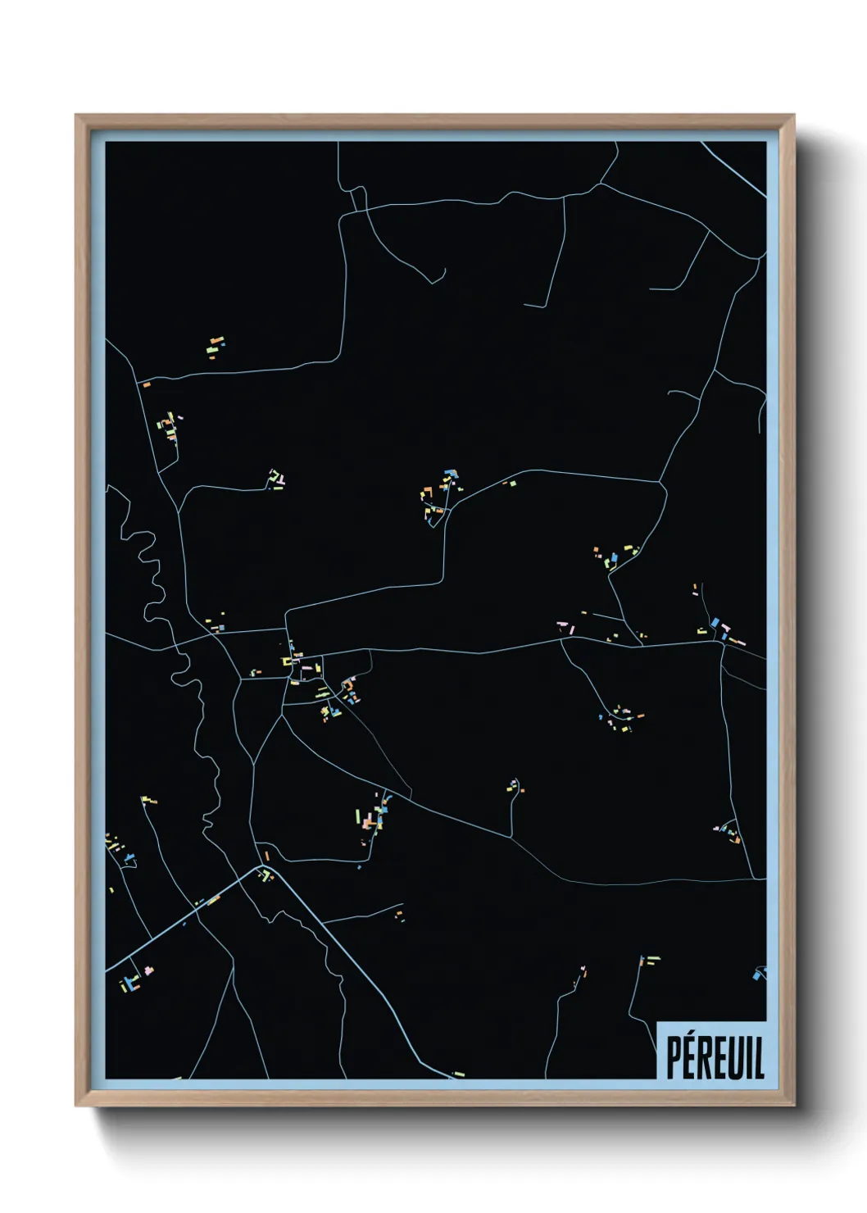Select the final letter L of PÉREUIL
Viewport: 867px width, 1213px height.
[x=759, y=1058]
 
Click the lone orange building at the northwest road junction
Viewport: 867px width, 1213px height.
[x=147, y=384]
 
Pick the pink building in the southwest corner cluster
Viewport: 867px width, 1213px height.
[x=148, y=970]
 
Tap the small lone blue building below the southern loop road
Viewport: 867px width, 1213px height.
[x=359, y=866]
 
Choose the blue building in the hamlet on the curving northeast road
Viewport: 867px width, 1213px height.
[x=614, y=557]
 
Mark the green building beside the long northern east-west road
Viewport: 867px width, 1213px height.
[x=513, y=484]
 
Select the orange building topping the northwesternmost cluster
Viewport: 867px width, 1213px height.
[x=216, y=339]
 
